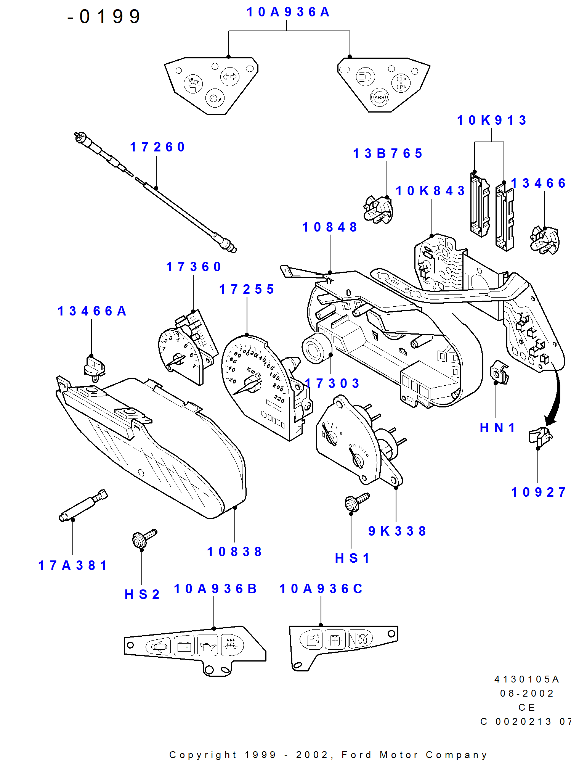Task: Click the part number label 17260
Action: point(157,147)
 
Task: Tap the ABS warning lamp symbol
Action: point(379,98)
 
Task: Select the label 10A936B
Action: point(215,589)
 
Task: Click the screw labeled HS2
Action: point(144,538)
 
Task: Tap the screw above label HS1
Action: point(356,502)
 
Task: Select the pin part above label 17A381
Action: point(83,506)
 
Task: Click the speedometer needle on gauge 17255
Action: point(246,387)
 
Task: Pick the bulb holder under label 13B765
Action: point(377,210)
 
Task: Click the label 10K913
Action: point(491,121)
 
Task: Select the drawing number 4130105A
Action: point(526,679)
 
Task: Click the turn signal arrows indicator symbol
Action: point(229,77)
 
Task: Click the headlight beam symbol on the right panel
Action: point(365,77)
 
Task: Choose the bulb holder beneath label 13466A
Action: point(94,368)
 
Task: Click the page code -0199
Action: point(104,17)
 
